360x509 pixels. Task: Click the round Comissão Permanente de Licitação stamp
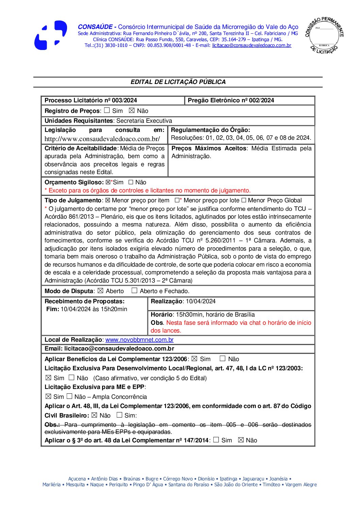coord(324,35)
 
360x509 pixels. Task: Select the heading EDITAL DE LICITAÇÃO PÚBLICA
coord(178,82)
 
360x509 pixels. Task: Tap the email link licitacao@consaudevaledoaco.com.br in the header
coord(251,45)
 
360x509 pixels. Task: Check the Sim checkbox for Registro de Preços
coord(107,111)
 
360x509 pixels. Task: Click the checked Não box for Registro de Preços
coord(132,111)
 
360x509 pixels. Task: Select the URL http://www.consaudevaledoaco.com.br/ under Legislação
coord(102,139)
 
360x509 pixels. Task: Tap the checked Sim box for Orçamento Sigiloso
coord(108,182)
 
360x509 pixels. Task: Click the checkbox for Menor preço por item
coord(108,200)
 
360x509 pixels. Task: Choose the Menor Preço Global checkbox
coord(244,200)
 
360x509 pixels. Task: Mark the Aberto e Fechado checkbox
coord(134,291)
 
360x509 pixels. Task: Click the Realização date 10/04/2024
coord(200,301)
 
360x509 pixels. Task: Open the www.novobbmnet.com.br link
coord(139,340)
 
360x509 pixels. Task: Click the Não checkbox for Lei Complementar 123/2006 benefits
coord(223,359)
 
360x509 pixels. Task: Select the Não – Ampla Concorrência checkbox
coord(69,396)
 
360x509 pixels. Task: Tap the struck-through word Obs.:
coord(52,425)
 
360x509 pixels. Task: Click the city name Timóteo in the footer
coord(271,485)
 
